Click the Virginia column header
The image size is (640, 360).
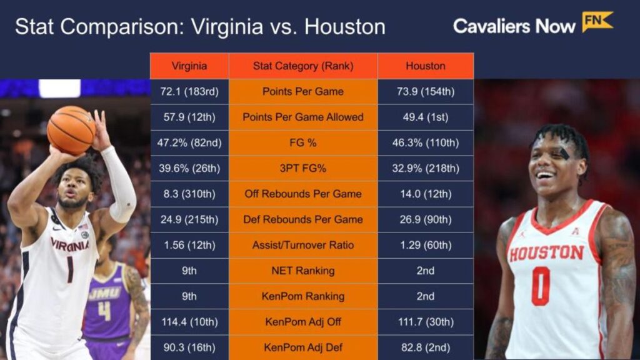click(x=189, y=66)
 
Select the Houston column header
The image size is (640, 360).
click(x=425, y=66)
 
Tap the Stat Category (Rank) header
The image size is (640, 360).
click(x=302, y=66)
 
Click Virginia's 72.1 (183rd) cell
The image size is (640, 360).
click(x=189, y=91)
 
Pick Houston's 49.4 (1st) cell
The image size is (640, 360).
click(x=425, y=117)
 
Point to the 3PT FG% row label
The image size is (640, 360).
click(x=302, y=168)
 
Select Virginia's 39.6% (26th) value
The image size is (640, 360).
click(x=189, y=168)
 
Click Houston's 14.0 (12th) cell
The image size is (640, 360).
click(x=425, y=194)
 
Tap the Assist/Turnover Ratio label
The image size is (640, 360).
click(x=302, y=245)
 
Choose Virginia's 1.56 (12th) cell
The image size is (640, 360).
click(x=189, y=245)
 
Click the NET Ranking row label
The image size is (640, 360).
click(x=302, y=271)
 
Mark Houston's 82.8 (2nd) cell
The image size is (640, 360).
click(x=425, y=347)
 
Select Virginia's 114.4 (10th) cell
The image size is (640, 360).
click(x=189, y=322)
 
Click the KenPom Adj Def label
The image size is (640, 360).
click(x=302, y=347)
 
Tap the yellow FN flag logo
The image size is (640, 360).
click(x=597, y=22)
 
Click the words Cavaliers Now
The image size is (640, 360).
click(x=514, y=26)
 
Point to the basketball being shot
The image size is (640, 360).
click(x=71, y=130)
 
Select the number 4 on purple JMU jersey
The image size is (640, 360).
click(x=104, y=311)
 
